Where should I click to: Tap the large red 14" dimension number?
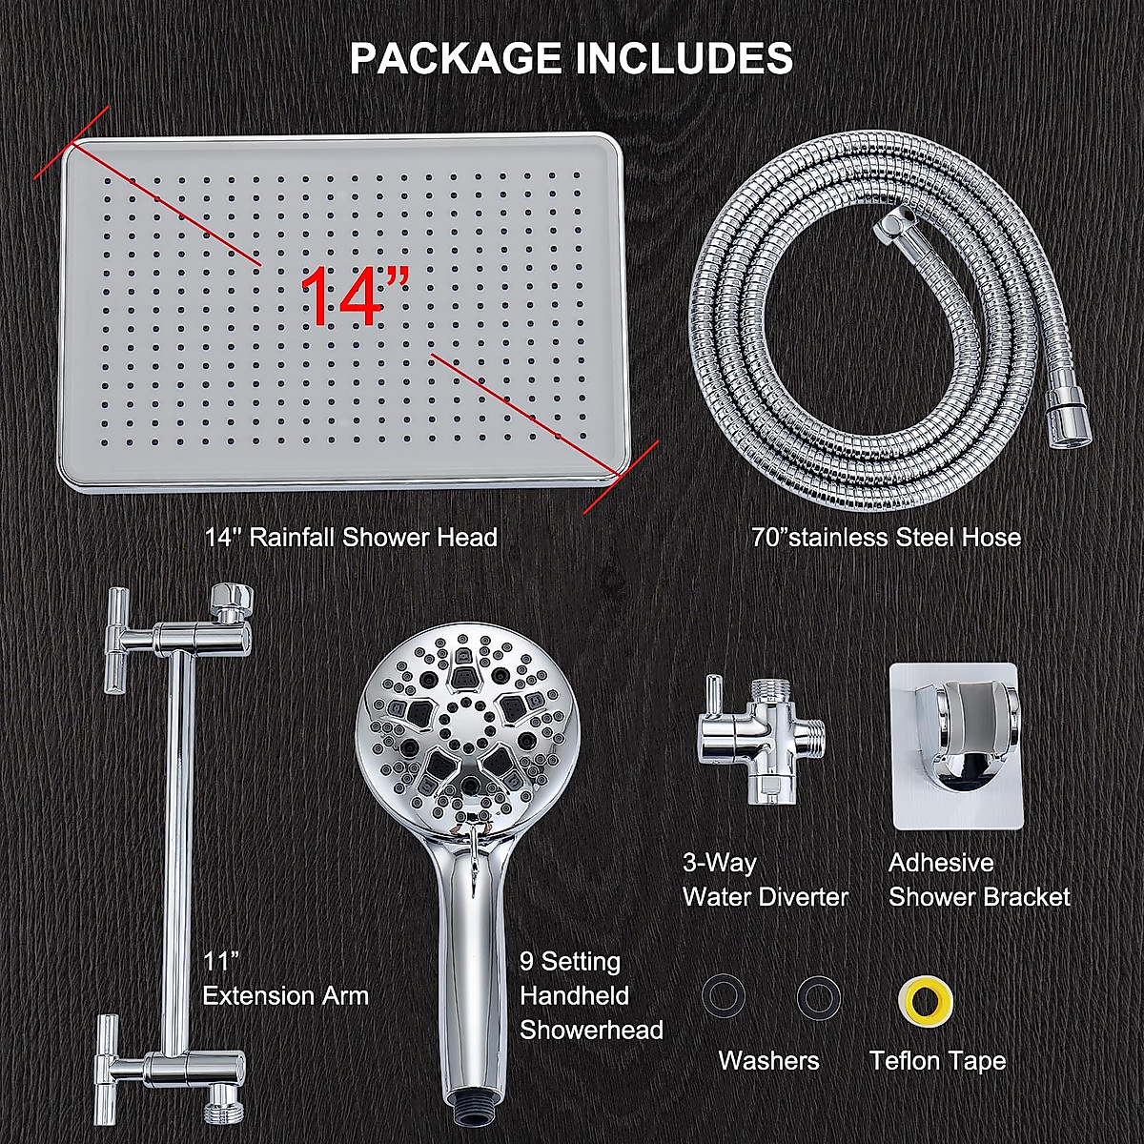(x=356, y=296)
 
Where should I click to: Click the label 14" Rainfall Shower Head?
(x=351, y=538)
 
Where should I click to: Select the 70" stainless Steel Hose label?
(x=886, y=538)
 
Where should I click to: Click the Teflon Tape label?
(x=937, y=1061)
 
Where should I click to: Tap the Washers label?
(x=768, y=1061)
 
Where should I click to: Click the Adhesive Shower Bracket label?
(x=979, y=880)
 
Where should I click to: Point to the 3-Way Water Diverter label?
(x=765, y=880)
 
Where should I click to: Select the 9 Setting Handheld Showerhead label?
(x=591, y=996)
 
